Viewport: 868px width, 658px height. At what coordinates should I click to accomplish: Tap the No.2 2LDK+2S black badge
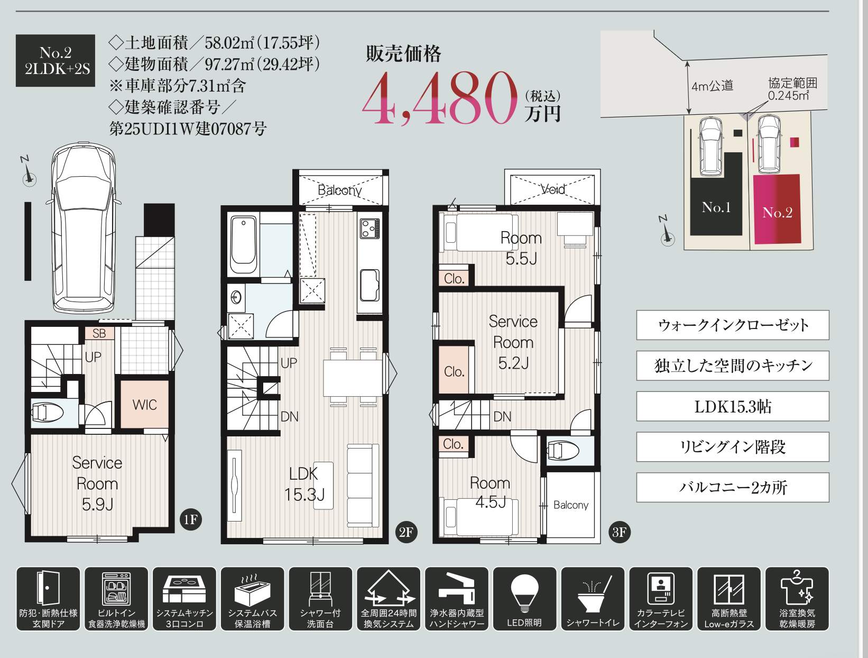56,60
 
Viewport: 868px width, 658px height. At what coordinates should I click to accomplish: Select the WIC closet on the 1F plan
144,405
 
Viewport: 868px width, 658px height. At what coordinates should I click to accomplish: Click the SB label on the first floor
99,333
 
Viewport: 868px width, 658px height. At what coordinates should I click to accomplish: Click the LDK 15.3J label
304,484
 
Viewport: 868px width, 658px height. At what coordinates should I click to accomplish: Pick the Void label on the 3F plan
553,189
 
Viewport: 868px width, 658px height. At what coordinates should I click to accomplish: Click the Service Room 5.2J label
512,342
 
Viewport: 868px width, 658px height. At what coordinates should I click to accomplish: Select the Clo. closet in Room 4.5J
453,444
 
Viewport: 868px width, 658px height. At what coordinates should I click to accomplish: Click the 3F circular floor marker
619,532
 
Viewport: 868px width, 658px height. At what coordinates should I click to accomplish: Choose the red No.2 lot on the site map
776,209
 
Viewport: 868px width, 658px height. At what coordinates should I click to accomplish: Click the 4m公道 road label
712,86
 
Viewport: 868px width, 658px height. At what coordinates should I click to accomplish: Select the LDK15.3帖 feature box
732,406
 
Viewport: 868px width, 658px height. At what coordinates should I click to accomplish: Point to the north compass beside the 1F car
29,177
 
